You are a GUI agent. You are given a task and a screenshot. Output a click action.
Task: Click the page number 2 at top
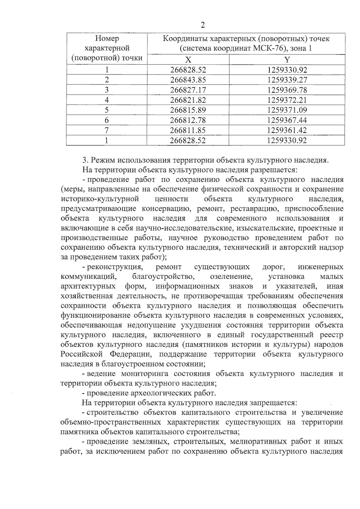(x=202, y=25)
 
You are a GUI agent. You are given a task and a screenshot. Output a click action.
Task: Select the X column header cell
(x=188, y=59)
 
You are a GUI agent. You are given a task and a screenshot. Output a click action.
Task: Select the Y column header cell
(x=287, y=59)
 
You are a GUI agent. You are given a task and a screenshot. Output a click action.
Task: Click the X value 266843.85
(x=188, y=80)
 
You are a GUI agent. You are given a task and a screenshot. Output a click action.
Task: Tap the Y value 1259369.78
(x=287, y=90)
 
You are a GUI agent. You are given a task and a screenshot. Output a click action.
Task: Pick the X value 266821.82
(x=188, y=100)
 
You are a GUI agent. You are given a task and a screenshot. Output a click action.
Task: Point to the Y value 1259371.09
(x=287, y=110)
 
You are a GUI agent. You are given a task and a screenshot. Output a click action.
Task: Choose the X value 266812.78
(x=188, y=120)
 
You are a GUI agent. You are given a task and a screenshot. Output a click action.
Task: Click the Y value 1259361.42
(x=287, y=130)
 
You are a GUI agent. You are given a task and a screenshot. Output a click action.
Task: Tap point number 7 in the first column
(x=106, y=130)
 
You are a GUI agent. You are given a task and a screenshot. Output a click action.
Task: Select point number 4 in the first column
(x=106, y=100)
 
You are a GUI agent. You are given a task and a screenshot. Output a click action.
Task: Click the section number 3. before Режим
(x=85, y=160)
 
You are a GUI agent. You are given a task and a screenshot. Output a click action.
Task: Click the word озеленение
(x=230, y=276)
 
